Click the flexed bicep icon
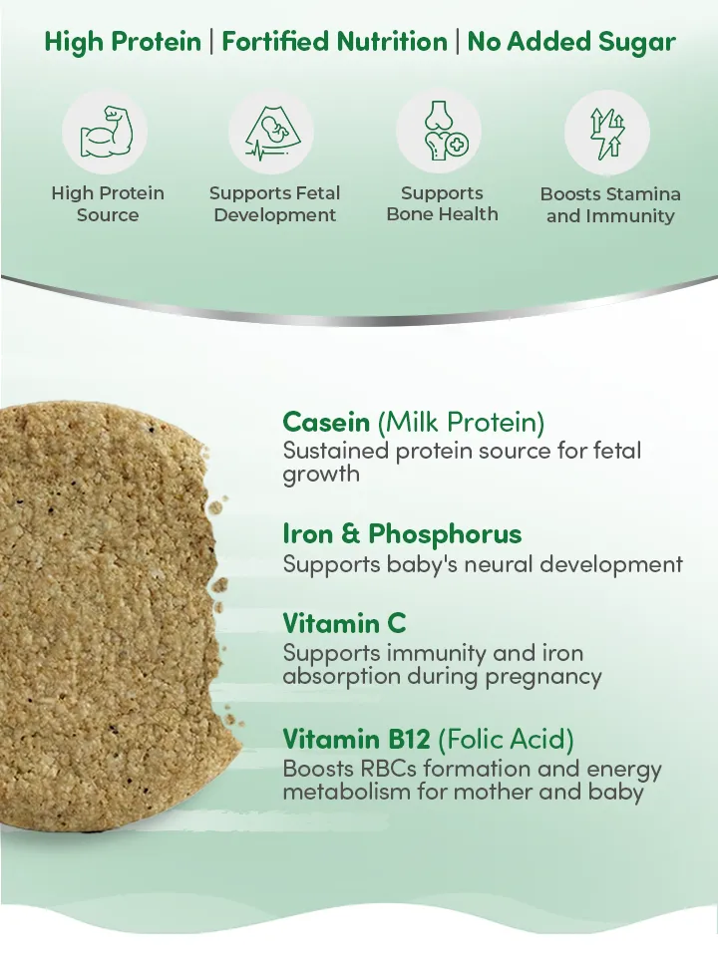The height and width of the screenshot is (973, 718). point(106,132)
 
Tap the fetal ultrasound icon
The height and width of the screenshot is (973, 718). point(271,133)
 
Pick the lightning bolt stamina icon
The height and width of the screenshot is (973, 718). point(607,132)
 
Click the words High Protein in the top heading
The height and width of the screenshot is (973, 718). point(123,42)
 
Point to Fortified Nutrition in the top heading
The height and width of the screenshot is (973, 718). point(334,42)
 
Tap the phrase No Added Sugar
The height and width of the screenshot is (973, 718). point(571,42)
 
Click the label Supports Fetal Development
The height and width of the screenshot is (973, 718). point(275,204)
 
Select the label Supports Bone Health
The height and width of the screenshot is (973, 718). point(442,203)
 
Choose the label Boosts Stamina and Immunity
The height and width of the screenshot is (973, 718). point(610,204)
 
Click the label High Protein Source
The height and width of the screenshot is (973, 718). point(108,204)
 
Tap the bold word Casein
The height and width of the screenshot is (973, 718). point(326,422)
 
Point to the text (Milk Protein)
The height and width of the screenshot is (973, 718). point(461,423)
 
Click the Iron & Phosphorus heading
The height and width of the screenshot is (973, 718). point(402,533)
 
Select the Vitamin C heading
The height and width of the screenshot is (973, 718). point(344,623)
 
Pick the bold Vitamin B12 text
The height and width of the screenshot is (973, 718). point(356,739)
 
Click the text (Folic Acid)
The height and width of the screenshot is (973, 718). point(506,739)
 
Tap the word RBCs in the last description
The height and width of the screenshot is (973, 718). point(388,769)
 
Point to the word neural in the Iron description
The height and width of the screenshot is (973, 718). point(499,564)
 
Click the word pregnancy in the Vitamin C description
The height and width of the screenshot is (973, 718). point(543,678)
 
